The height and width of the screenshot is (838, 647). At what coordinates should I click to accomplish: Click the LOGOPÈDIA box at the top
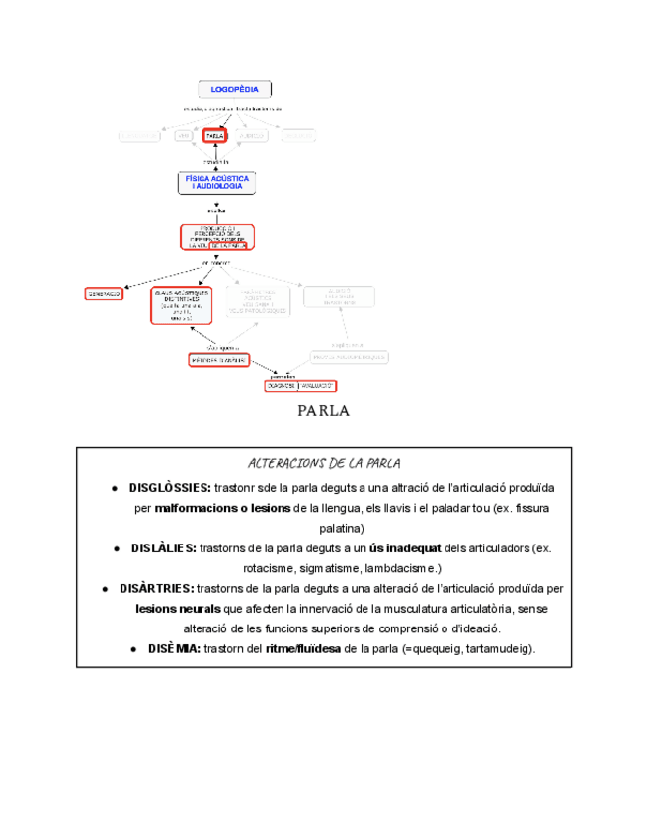[x=234, y=89]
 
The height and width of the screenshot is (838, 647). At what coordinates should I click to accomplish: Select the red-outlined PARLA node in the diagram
[x=214, y=135]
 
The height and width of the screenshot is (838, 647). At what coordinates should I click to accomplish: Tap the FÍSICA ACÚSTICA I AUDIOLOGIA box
[x=216, y=183]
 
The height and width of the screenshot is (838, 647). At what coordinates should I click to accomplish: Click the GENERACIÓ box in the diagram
[x=104, y=293]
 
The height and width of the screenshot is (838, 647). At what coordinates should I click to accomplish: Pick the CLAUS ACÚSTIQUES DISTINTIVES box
[x=181, y=306]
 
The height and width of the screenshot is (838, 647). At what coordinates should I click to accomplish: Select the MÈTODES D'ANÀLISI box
[x=218, y=360]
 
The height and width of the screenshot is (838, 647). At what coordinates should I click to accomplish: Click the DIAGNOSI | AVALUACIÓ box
[x=300, y=386]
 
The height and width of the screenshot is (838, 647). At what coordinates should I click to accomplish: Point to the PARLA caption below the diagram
[x=323, y=411]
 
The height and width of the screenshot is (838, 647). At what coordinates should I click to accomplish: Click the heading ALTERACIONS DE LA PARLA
[x=323, y=464]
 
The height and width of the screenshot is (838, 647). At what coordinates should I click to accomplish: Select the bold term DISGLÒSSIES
[x=169, y=488]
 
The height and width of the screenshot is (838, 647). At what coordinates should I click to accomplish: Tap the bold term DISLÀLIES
[x=163, y=548]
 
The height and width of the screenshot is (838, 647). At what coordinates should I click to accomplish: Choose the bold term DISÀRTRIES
[x=156, y=589]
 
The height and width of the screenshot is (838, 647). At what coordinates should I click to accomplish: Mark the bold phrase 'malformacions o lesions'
[x=223, y=508]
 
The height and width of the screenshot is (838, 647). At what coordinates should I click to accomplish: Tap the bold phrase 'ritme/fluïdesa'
[x=303, y=649]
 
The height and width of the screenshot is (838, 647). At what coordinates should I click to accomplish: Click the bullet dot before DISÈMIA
[x=133, y=649]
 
